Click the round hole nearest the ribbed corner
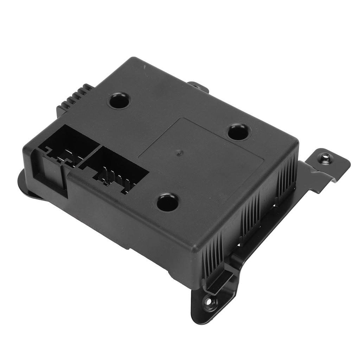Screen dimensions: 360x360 (119, 101)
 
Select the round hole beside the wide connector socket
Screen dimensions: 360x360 (167, 202)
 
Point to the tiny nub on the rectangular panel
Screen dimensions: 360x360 (179, 152)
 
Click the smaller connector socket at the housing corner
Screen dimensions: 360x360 (67, 148)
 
